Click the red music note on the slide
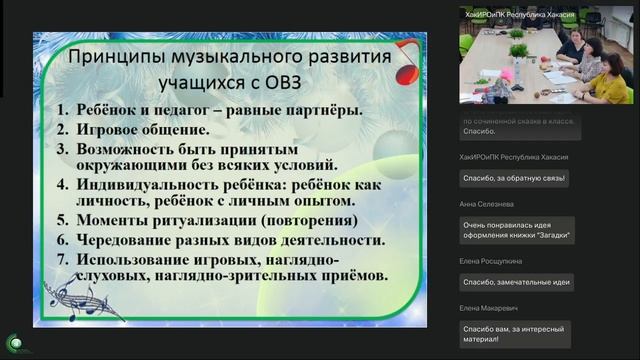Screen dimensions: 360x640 point(406,62)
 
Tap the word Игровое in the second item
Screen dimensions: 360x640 point(109,129)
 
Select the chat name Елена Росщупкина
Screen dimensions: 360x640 point(489,260)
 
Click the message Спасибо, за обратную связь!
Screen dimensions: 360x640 point(514,178)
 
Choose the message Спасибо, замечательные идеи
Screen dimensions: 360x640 point(516,283)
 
